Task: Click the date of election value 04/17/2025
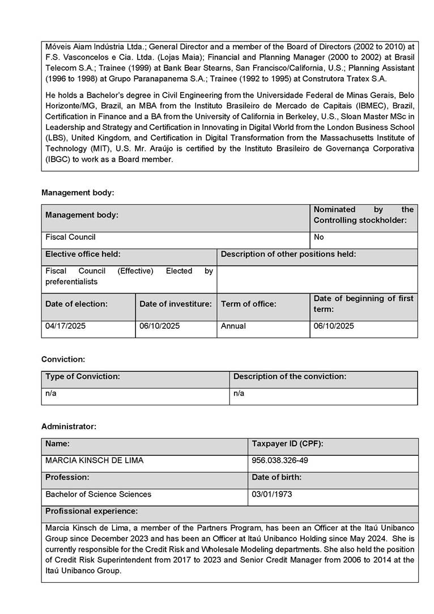(x=66, y=326)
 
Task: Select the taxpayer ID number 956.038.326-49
(x=280, y=460)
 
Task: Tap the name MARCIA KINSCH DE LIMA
(x=94, y=460)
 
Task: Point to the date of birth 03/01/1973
(x=272, y=494)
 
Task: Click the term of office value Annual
(x=233, y=326)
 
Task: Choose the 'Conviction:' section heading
(x=63, y=359)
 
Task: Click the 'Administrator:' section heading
(x=69, y=426)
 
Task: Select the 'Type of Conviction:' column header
(x=83, y=376)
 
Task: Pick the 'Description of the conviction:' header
(x=290, y=376)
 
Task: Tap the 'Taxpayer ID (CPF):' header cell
(x=287, y=443)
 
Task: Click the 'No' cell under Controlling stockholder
(x=319, y=237)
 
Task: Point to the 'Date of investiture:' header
(x=176, y=304)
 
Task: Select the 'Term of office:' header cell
(x=249, y=304)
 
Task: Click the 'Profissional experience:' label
(x=91, y=511)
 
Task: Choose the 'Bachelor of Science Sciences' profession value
(x=99, y=494)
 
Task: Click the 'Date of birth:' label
(x=276, y=477)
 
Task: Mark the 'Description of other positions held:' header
(x=288, y=254)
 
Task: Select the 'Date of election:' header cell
(x=76, y=304)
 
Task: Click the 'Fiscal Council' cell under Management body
(x=71, y=237)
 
